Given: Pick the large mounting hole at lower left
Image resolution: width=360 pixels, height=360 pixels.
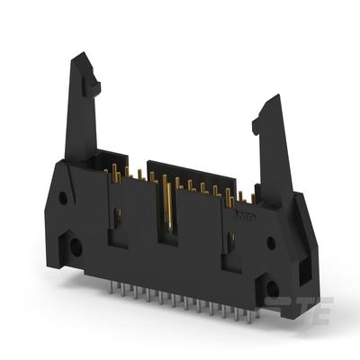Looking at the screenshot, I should pos(76,244).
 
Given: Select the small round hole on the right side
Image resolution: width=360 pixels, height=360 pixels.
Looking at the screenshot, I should pos(270,242).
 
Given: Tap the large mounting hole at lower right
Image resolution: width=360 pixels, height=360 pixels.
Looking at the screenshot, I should pos(272,288).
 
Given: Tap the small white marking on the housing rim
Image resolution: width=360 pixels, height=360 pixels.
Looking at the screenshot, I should pos(243,216).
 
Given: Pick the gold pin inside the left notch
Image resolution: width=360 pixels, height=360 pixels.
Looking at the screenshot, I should pos(117,216).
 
